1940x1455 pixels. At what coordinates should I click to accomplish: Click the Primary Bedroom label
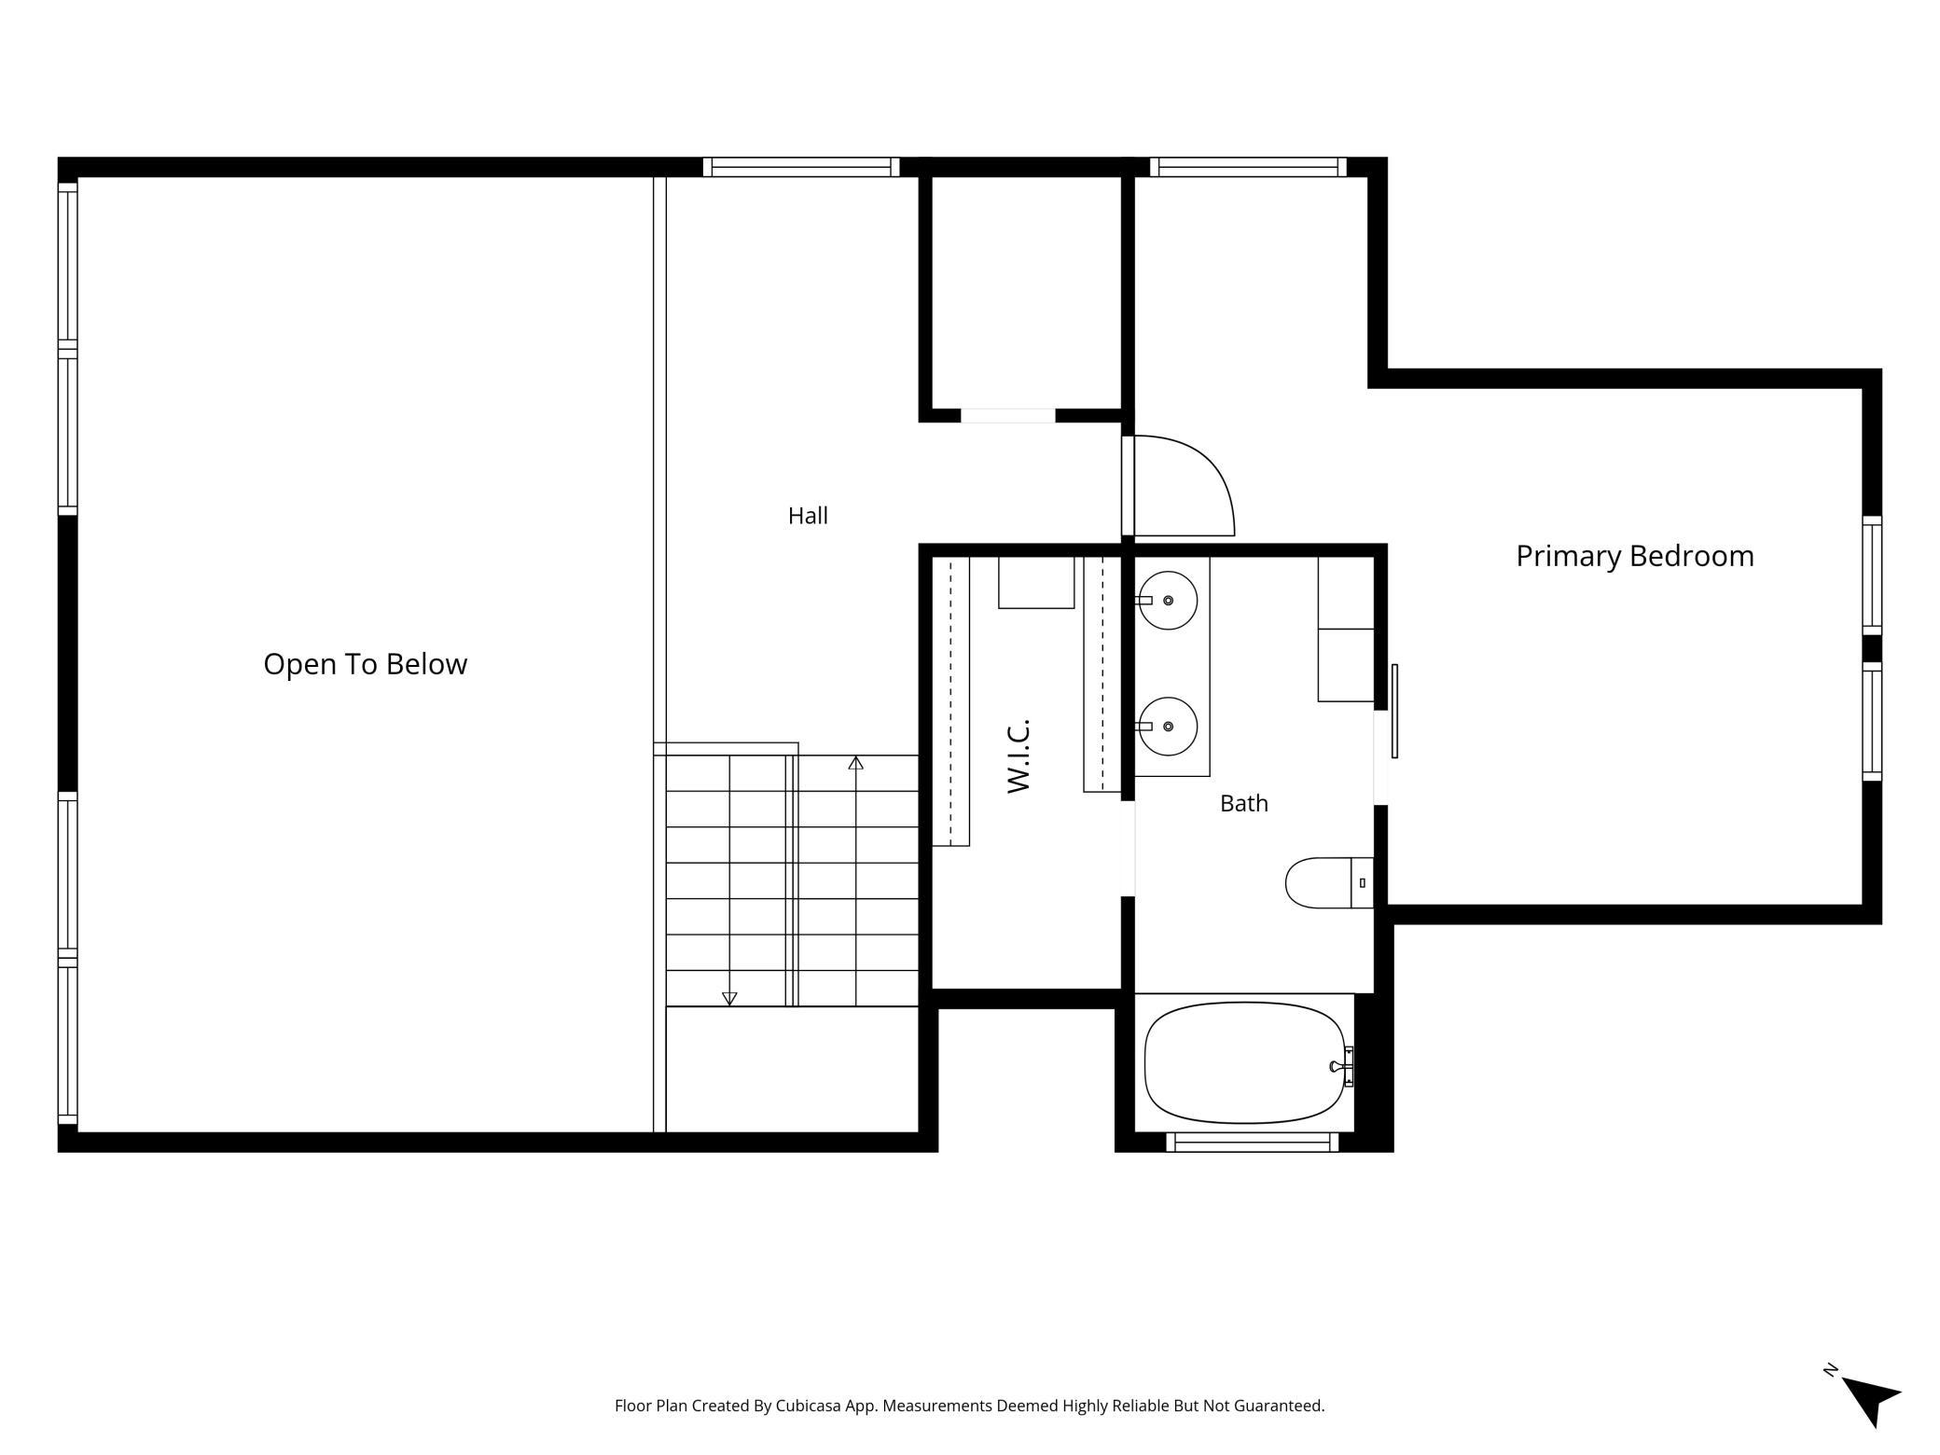point(1634,556)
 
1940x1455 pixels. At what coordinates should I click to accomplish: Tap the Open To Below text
point(365,664)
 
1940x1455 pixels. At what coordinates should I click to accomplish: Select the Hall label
point(808,516)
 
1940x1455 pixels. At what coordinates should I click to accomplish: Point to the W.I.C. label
point(1018,755)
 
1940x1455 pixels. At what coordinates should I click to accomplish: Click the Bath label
point(1243,803)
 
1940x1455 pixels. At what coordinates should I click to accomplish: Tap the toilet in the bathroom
point(1329,882)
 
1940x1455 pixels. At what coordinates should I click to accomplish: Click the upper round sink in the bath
point(1168,601)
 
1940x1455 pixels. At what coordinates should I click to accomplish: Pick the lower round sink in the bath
point(1168,727)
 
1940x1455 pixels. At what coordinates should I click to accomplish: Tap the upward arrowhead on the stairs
point(855,763)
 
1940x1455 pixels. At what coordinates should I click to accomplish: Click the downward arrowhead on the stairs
point(729,999)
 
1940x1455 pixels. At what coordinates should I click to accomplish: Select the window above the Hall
point(801,167)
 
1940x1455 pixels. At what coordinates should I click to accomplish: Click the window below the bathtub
point(1253,1142)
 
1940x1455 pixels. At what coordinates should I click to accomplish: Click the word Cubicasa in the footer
point(809,1406)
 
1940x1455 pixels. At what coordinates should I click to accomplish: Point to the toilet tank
point(1362,882)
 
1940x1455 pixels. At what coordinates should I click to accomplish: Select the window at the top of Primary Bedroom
point(1248,167)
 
